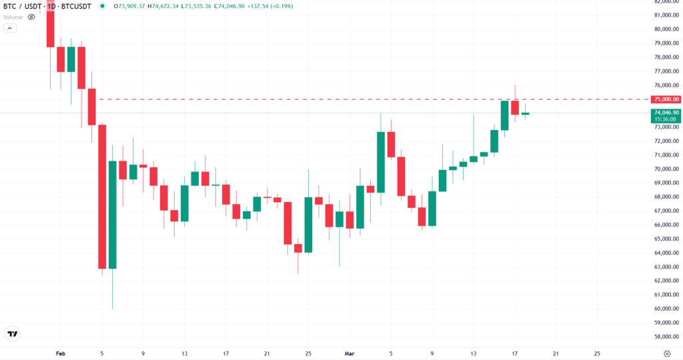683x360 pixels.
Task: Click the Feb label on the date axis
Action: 59,353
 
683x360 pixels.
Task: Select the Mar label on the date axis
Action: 349,353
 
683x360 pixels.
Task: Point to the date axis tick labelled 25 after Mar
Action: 597,353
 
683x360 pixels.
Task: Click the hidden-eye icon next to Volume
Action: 31,16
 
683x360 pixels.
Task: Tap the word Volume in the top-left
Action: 13,16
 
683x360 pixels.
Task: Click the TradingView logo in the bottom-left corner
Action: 11,333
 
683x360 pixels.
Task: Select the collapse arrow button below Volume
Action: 10,29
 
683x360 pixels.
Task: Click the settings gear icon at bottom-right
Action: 667,353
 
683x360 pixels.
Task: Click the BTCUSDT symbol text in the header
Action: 77,6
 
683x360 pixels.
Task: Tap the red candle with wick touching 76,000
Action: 515,107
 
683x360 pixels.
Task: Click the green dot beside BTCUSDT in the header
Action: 101,6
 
